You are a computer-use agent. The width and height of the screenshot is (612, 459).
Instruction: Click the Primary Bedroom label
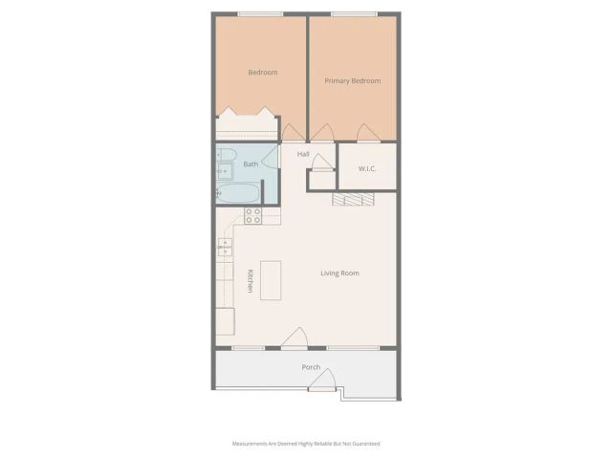pos(352,81)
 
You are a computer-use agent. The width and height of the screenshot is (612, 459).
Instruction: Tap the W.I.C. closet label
pos(368,169)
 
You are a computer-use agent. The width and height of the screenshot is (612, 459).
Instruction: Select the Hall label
pos(302,154)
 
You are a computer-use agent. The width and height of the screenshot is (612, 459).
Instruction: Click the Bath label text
pos(250,164)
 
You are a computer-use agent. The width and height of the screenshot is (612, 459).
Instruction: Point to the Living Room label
pos(339,273)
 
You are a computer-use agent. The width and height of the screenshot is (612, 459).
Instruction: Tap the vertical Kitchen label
pos(250,280)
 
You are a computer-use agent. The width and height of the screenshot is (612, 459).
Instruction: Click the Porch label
pos(311,367)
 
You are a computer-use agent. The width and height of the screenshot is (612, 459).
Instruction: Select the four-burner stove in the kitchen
pos(253,216)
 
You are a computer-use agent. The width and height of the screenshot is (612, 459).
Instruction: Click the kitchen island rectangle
pos(271,280)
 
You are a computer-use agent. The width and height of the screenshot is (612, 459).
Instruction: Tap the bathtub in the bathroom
pos(236,193)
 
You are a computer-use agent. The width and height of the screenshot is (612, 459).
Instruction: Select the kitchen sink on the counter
pos(224,249)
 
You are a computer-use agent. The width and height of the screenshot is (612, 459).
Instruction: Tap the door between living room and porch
pos(295,339)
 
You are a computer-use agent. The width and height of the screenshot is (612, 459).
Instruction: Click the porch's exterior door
pos(322,382)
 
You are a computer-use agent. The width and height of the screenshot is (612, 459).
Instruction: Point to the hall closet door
pos(321,164)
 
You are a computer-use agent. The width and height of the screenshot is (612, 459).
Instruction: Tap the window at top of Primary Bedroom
pos(353,13)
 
